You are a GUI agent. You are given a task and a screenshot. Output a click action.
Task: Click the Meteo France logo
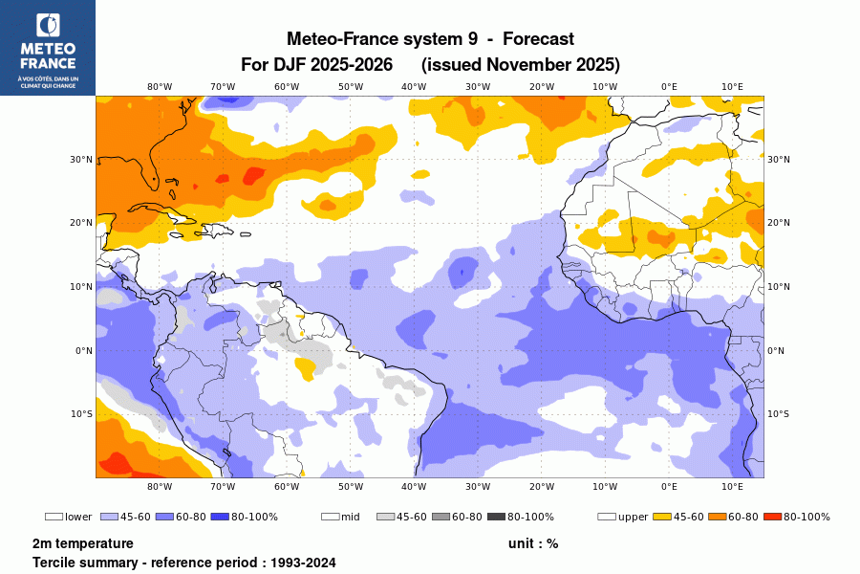point(47,47)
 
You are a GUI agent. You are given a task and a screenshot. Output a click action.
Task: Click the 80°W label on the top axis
point(159,86)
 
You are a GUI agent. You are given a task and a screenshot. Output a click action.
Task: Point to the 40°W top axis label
point(414,86)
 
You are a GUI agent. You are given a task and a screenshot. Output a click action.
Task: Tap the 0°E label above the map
point(669,86)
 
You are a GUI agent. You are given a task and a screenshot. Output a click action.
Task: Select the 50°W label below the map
point(350,486)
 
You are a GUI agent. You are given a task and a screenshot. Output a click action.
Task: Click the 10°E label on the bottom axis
point(732,486)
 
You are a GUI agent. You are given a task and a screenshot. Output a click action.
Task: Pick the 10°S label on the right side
point(779,414)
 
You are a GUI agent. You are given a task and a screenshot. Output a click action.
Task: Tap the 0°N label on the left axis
point(82,351)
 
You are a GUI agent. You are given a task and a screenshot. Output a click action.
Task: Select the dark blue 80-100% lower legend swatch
point(220,517)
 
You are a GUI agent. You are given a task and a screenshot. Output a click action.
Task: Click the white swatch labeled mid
point(330,517)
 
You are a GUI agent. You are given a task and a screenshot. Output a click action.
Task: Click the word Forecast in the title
point(538,39)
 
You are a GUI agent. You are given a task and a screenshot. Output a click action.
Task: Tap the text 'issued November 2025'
point(521,65)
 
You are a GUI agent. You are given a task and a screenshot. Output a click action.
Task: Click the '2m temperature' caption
point(82,543)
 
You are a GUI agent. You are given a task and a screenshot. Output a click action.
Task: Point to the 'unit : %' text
point(532,543)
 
